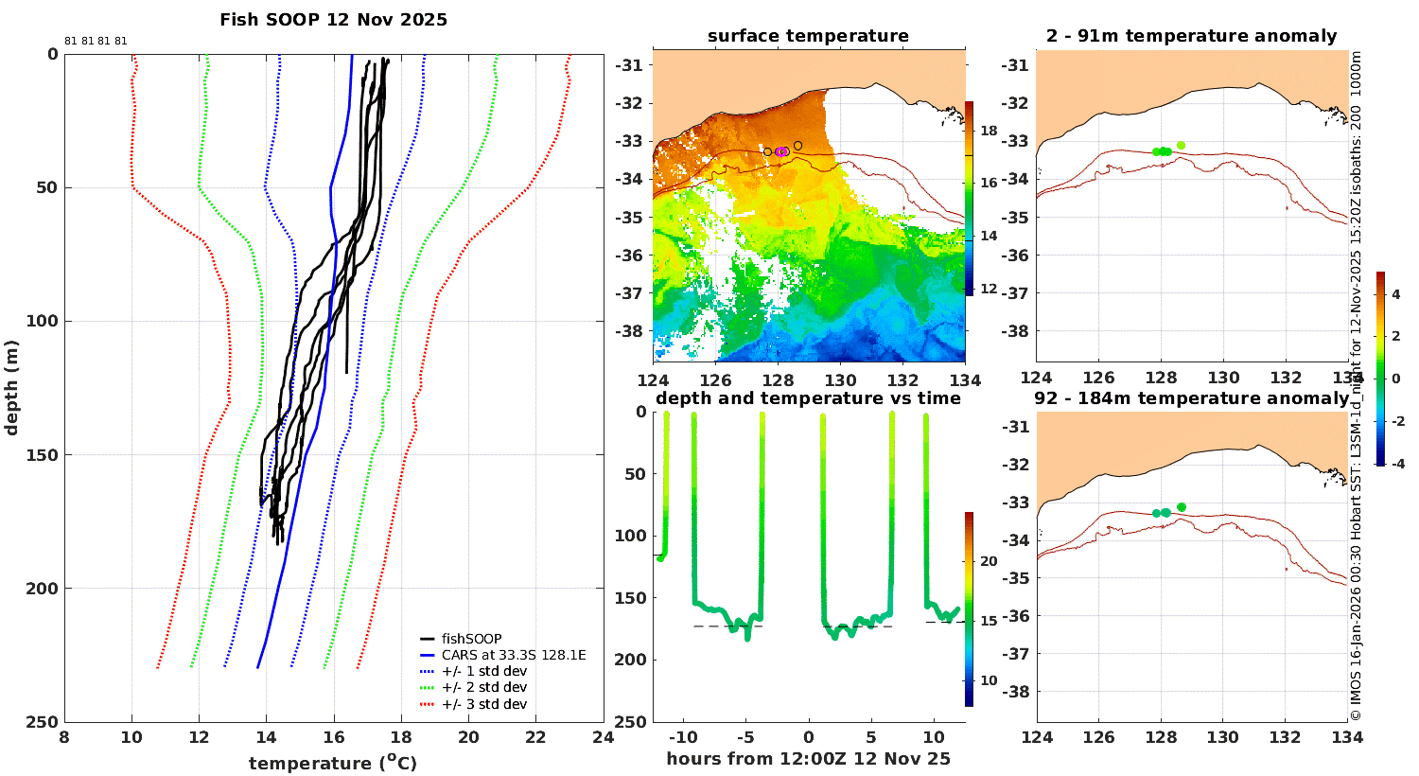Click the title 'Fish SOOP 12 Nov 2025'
tap(333, 20)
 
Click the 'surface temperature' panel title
tap(808, 36)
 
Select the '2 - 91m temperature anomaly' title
tap(1192, 36)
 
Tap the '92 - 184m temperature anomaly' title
tap(1192, 398)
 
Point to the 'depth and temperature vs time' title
tap(808, 398)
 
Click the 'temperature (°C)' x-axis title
tap(333, 762)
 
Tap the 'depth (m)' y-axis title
tap(11, 388)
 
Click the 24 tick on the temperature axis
tap(604, 737)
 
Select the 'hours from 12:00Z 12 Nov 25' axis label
tap(808, 759)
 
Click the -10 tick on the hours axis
tap(683, 737)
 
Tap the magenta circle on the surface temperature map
tap(781, 151)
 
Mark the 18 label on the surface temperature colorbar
tap(989, 132)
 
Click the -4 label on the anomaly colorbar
tap(1397, 464)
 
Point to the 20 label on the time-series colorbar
tap(989, 561)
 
